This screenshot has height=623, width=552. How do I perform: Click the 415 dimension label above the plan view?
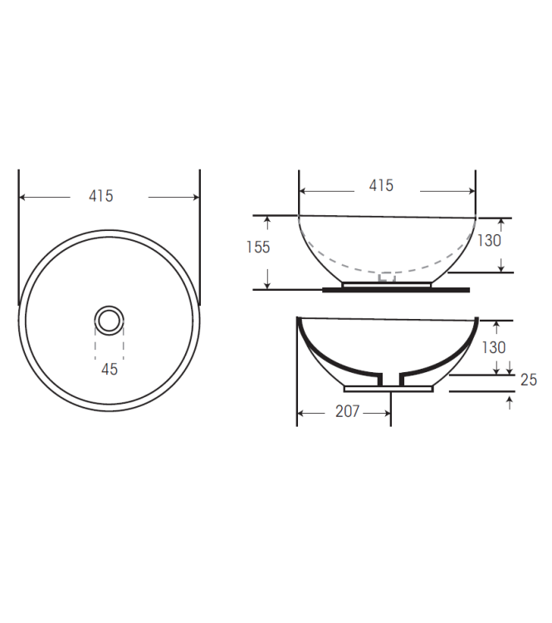tap(100, 196)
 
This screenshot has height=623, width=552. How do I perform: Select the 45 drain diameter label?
tap(109, 370)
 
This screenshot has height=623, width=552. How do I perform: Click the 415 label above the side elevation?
tap(381, 186)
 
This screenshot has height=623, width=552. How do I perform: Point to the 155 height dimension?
tap(258, 248)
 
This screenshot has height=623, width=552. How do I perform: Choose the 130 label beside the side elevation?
tap(489, 240)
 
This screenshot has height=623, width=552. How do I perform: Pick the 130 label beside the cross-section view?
tap(494, 347)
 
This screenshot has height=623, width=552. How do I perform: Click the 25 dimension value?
tap(528, 380)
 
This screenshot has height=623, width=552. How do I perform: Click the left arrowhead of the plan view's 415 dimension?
tap(23, 197)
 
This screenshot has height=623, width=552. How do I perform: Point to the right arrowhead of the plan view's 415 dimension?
tap(196, 197)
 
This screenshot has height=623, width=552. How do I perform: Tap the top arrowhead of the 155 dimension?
tap(267, 220)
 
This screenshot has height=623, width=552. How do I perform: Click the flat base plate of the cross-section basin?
tap(388, 388)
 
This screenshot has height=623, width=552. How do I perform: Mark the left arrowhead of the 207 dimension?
tap(301, 412)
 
